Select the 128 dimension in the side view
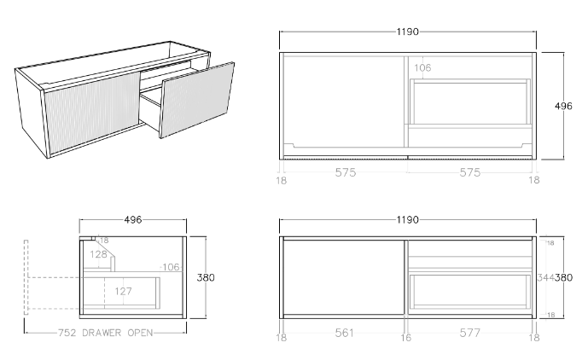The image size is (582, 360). click(x=99, y=254)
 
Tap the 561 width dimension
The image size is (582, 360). click(x=344, y=333)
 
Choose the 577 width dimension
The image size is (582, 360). click(x=471, y=333)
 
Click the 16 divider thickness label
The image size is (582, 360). click(x=407, y=339)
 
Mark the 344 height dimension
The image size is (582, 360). click(x=547, y=277)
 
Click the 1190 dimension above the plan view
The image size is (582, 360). click(x=407, y=32)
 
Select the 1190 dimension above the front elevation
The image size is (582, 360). click(x=407, y=220)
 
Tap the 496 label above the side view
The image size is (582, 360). click(x=133, y=220)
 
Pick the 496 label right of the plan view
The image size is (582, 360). click(x=563, y=106)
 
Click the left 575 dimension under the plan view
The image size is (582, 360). click(x=344, y=173)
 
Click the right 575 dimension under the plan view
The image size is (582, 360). click(x=471, y=173)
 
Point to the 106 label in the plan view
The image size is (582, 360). click(x=422, y=67)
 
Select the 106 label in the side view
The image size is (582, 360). click(x=171, y=267)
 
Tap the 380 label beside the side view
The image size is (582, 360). click(x=206, y=277)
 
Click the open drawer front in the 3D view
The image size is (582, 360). click(x=196, y=97)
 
